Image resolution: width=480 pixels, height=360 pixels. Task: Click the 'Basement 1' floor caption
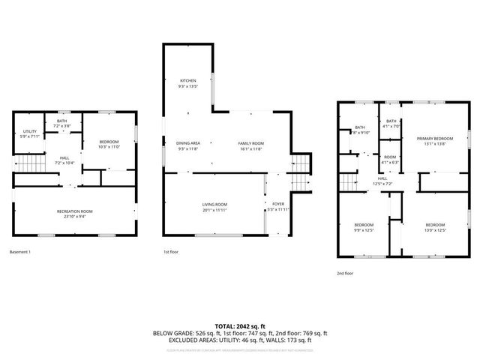pyautogui.click(x=20, y=251)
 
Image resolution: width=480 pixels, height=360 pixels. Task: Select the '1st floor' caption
pyautogui.click(x=171, y=251)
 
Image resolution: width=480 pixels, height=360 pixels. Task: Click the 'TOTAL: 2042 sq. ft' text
pyautogui.click(x=240, y=326)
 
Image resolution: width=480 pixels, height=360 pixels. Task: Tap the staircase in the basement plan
pyautogui.click(x=28, y=163)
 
